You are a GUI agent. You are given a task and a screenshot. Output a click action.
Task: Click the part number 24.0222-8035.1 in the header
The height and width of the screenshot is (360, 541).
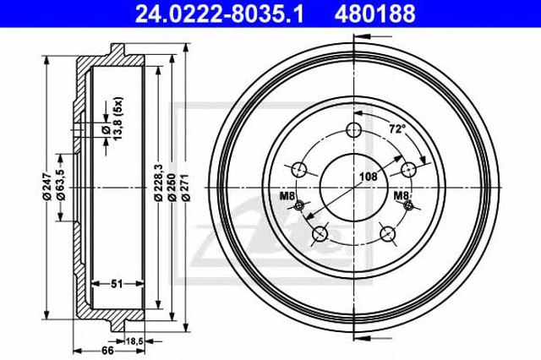click(219, 14)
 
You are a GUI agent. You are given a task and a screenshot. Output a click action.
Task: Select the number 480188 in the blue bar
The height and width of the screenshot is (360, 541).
click(374, 14)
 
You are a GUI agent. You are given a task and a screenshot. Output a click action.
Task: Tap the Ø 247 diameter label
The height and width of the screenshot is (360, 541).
click(46, 187)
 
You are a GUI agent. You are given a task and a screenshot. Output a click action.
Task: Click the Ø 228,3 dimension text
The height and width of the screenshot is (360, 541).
click(158, 183)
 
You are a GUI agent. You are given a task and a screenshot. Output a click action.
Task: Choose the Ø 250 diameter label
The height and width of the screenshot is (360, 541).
click(172, 187)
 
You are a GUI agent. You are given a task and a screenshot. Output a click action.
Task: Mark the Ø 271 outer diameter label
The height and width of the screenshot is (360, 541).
click(185, 188)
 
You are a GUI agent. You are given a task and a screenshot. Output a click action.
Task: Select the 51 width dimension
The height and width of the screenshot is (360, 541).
click(117, 284)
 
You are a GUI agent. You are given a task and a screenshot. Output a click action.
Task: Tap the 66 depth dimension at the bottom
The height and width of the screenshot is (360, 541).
click(107, 351)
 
